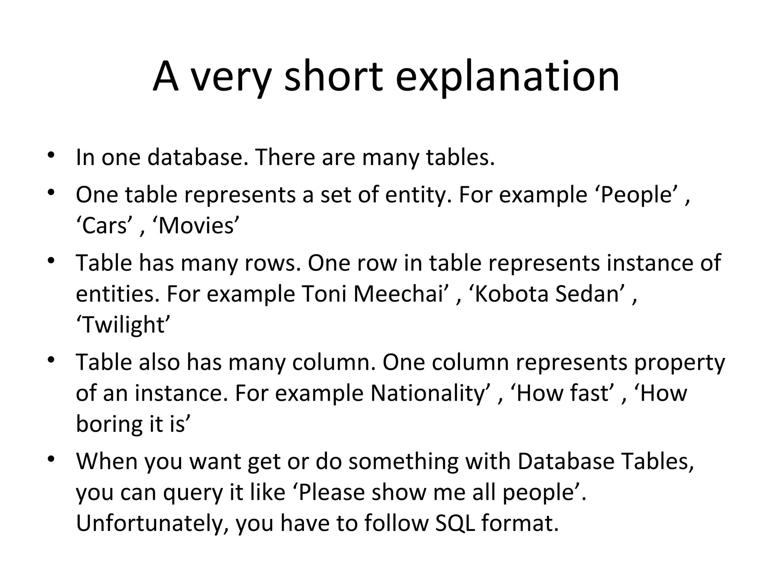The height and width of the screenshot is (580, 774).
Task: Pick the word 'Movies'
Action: (x=196, y=226)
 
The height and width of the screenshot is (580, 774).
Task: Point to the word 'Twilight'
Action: (x=123, y=325)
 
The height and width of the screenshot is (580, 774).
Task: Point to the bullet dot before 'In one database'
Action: (x=51, y=156)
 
